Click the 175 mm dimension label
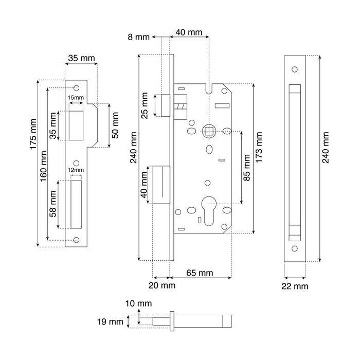click(x=33, y=134)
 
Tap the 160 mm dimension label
click(x=43, y=166)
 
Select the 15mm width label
click(x=76, y=98)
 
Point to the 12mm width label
click(x=76, y=170)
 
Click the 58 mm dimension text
click(x=53, y=204)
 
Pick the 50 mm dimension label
click(x=115, y=125)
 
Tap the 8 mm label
click(x=138, y=37)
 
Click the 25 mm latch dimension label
click(x=145, y=105)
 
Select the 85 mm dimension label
click(x=246, y=168)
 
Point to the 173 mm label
click(x=259, y=148)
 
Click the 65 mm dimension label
click(x=200, y=273)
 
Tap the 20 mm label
click(x=162, y=285)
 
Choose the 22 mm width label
click(x=295, y=286)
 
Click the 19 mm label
click(x=110, y=321)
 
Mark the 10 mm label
click(x=138, y=303)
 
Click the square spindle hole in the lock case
click(x=209, y=131)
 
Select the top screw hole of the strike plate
click(x=77, y=88)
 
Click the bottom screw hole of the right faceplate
click(x=295, y=248)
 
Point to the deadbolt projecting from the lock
click(x=161, y=185)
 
